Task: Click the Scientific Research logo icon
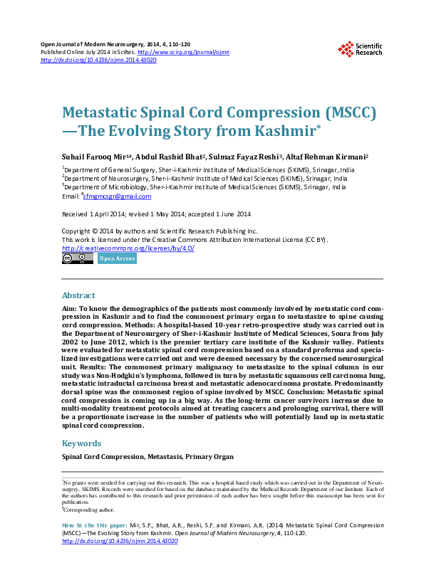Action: (346, 48)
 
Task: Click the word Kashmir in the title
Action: (263, 131)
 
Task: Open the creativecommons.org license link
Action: (128, 248)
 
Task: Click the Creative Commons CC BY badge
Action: (78, 259)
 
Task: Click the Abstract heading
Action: (78, 295)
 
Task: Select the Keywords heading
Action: (82, 443)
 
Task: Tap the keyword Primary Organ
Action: (212, 456)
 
